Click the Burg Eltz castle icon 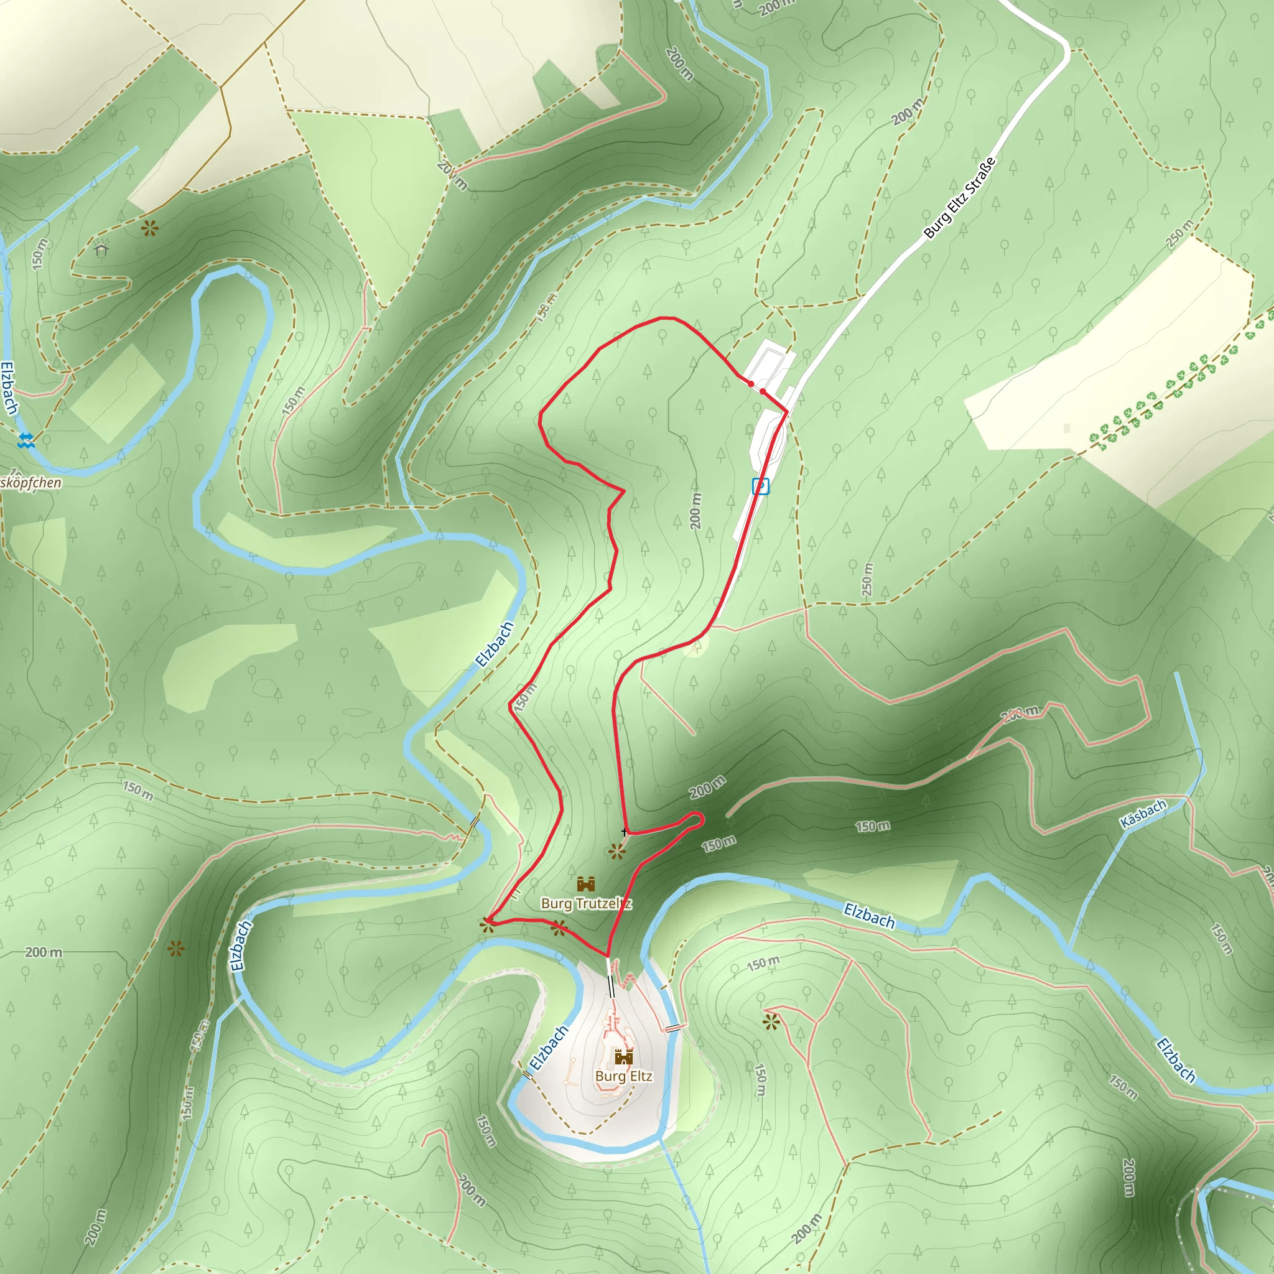623,1057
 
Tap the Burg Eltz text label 623,1076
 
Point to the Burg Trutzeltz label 586,903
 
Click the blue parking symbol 760,486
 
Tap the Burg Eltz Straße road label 959,198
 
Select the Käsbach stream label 1143,814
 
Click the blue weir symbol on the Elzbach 26,440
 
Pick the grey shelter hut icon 101,248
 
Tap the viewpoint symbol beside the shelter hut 150,229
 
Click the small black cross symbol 625,832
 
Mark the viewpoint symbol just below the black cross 616,852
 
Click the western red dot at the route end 750,384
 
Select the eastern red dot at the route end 763,392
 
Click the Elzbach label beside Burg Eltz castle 548,1048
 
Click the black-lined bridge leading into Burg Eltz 611,987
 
